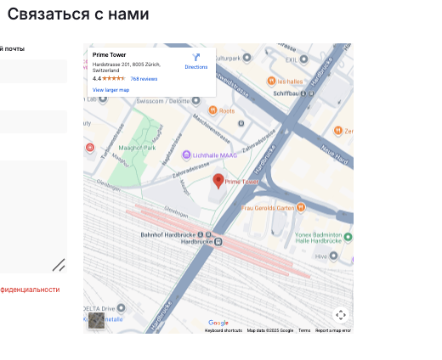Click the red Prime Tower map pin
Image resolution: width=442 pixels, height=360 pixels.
[x=218, y=181]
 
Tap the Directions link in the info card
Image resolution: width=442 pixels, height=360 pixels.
[x=196, y=61]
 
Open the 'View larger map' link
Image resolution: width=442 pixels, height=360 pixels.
[x=110, y=89]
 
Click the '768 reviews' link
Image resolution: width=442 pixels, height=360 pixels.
[x=144, y=78]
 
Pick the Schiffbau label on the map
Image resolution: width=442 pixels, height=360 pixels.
[x=288, y=93]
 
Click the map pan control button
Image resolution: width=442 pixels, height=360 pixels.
[x=340, y=315]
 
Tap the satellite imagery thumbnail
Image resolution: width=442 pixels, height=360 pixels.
[x=99, y=320]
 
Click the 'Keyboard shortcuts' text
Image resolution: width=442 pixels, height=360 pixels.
[x=224, y=330]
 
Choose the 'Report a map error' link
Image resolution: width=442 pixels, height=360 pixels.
[x=333, y=330]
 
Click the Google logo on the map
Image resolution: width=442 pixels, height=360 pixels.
[x=218, y=323]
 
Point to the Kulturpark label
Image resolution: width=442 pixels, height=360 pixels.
[x=229, y=58]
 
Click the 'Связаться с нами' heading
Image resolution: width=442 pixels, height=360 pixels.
[x=78, y=14]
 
